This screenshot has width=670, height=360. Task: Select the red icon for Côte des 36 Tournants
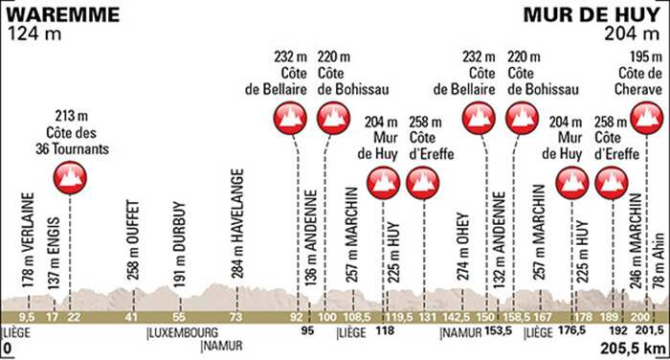69,176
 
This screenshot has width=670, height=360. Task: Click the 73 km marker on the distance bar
234,316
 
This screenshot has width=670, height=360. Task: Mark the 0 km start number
7,350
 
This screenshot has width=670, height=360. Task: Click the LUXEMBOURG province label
177,334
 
